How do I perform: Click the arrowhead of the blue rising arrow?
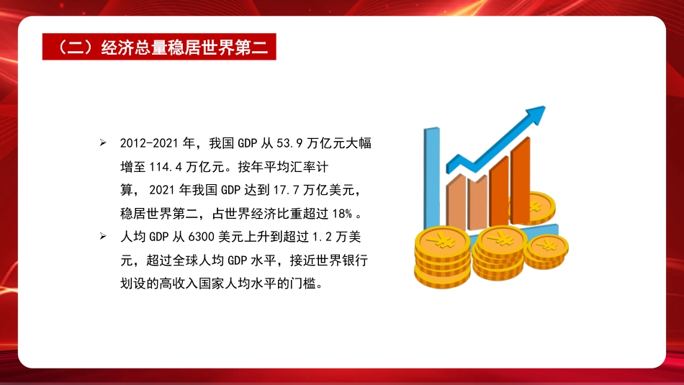tap(535, 116)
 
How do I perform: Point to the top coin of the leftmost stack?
tap(442, 239)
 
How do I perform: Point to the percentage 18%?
tap(343, 213)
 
